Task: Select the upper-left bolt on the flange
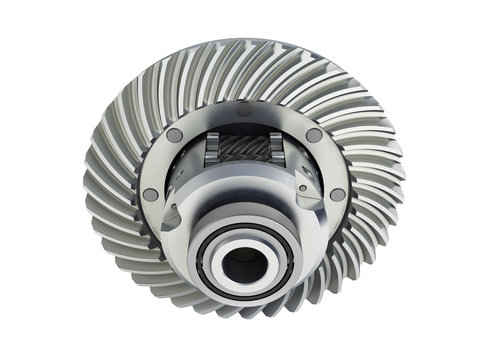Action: [x=175, y=134]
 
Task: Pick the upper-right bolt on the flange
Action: [x=314, y=135]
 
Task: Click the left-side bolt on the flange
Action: [x=150, y=194]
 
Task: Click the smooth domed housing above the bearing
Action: [x=242, y=200]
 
